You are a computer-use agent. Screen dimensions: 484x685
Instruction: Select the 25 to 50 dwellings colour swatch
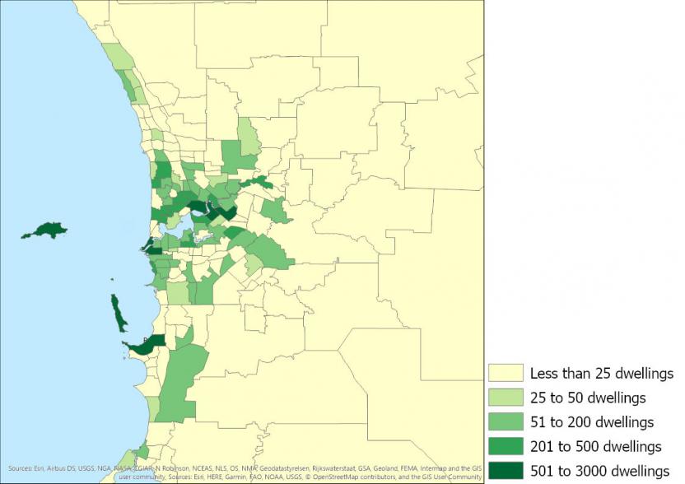[x=505, y=398]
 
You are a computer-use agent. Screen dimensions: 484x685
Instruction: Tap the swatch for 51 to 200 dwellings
[x=505, y=422]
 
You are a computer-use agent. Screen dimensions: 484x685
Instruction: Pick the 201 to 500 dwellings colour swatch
[x=505, y=446]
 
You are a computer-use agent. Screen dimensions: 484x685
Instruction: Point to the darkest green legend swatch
[x=505, y=470]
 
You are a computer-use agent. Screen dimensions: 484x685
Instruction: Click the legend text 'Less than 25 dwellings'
[x=602, y=374]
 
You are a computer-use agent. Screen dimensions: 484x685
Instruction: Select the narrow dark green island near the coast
[x=119, y=313]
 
